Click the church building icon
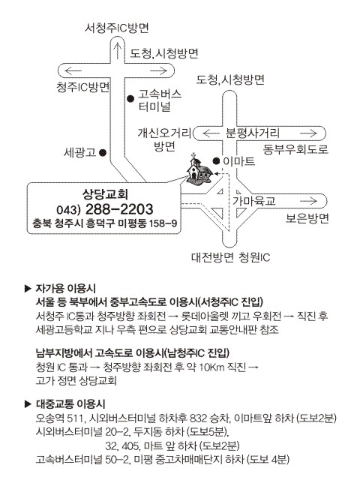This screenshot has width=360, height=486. click(199, 170)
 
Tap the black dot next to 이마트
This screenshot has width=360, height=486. click(216, 160)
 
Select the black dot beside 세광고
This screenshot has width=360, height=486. click(103, 152)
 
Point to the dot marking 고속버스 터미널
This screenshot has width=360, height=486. click(130, 99)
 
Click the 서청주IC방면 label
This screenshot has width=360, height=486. click(117, 28)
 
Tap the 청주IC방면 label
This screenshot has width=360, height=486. click(83, 87)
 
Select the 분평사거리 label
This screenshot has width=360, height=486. click(253, 133)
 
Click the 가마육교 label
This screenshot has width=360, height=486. click(254, 201)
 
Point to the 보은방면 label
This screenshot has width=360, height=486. click(307, 218)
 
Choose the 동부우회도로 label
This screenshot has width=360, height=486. click(295, 149)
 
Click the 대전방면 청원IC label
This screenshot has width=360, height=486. click(230, 257)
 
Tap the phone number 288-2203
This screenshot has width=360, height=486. click(119, 209)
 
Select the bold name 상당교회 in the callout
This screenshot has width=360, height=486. click(105, 194)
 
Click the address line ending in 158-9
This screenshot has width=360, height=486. click(104, 223)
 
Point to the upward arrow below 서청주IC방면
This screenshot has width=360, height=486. click(118, 51)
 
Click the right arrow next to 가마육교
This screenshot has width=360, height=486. click(308, 201)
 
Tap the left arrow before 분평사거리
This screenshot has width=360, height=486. click(211, 133)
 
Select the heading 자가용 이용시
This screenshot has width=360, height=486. click(65, 289)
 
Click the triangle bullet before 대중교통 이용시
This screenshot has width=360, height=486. click(28, 403)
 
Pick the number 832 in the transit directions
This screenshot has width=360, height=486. click(198, 418)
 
